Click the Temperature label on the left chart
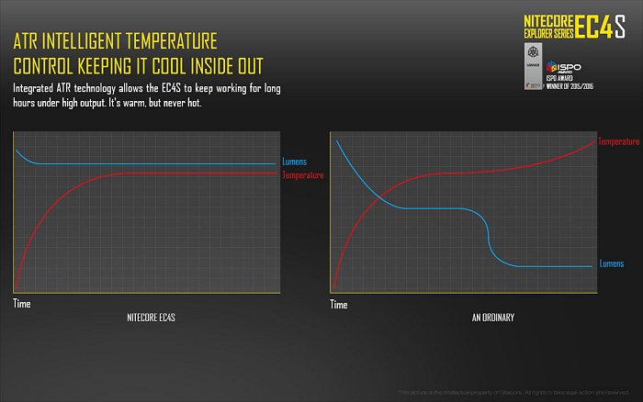pyautogui.click(x=302, y=174)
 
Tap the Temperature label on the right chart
pyautogui.click(x=618, y=141)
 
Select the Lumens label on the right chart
pyautogui.click(x=613, y=262)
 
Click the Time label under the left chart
pyautogui.click(x=22, y=302)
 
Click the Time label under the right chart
pyautogui.click(x=339, y=303)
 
